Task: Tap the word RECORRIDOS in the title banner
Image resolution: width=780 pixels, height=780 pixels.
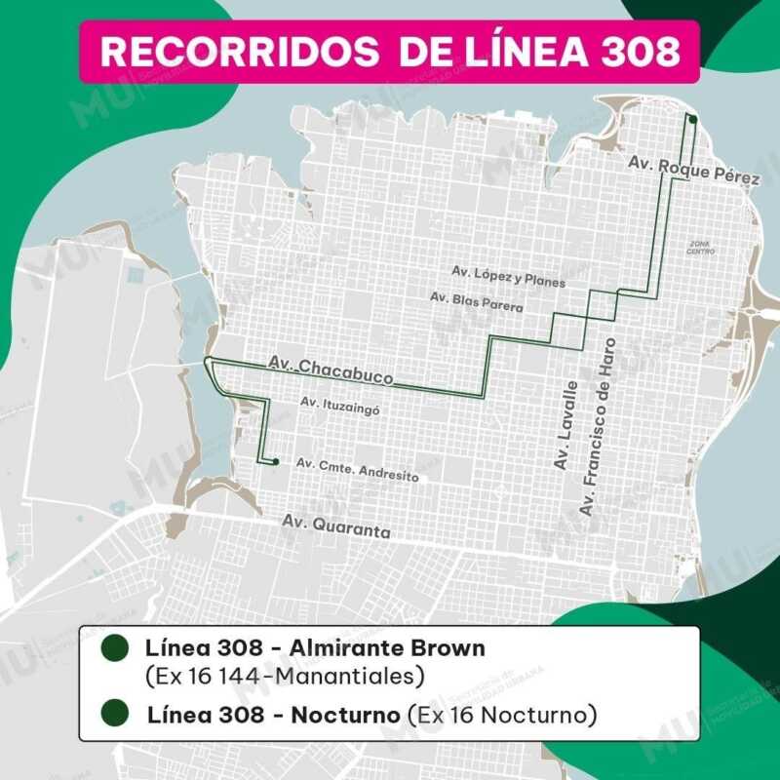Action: tap(240, 51)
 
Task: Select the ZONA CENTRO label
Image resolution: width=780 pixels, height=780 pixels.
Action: tap(701, 247)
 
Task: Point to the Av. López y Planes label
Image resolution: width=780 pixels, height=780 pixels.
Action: tap(508, 276)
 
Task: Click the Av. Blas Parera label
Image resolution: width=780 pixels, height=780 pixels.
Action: tap(476, 301)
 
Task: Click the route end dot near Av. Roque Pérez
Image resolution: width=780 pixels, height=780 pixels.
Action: tap(691, 119)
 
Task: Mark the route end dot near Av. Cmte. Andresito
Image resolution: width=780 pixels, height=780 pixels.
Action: tap(276, 461)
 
